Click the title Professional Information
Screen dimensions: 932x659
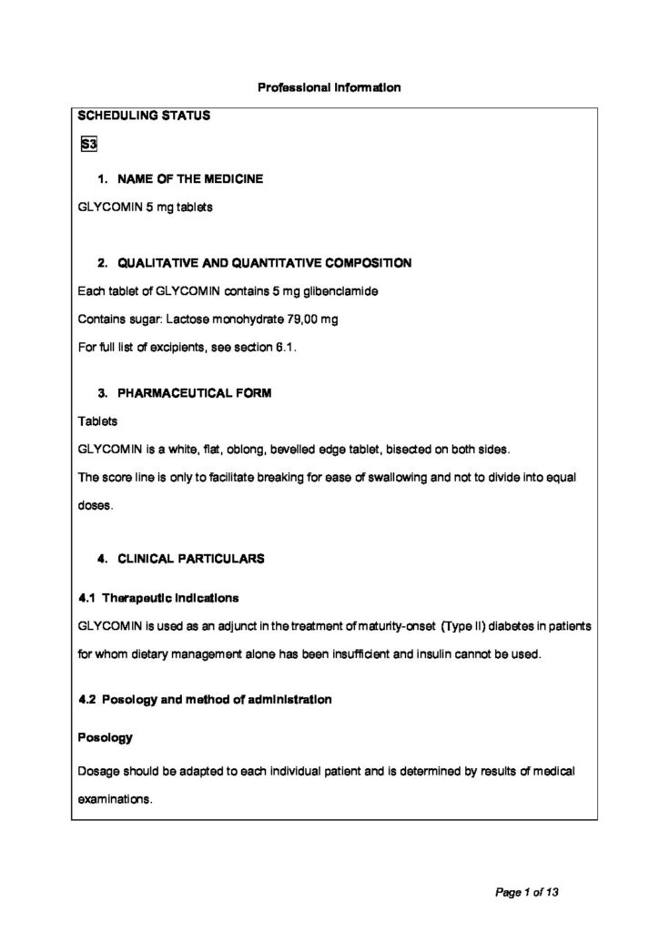pyautogui.click(x=329, y=88)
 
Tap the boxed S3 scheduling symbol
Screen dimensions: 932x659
pyautogui.click(x=88, y=144)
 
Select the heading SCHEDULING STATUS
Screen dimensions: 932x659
pyautogui.click(x=144, y=116)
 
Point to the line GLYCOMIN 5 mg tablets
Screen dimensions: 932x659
pyautogui.click(x=146, y=208)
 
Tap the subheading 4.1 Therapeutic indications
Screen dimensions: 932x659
pyautogui.click(x=159, y=598)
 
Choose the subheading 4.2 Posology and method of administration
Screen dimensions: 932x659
pyautogui.click(x=205, y=700)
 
